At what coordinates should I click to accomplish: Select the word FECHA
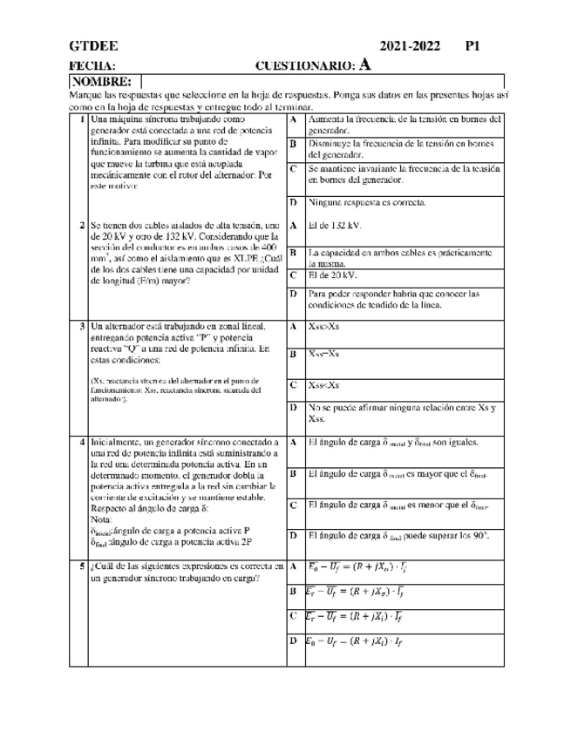[92, 65]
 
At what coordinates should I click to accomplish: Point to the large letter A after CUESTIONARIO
[365, 64]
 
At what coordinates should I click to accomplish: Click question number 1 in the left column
[81, 119]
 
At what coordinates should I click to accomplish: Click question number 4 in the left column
[81, 443]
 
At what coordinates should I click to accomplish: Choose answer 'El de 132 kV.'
[335, 225]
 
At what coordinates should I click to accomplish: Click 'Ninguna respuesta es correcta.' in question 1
[368, 202]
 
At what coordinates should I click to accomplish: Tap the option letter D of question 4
[294, 535]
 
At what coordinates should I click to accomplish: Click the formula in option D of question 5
[354, 642]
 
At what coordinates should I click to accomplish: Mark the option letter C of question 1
[294, 168]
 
